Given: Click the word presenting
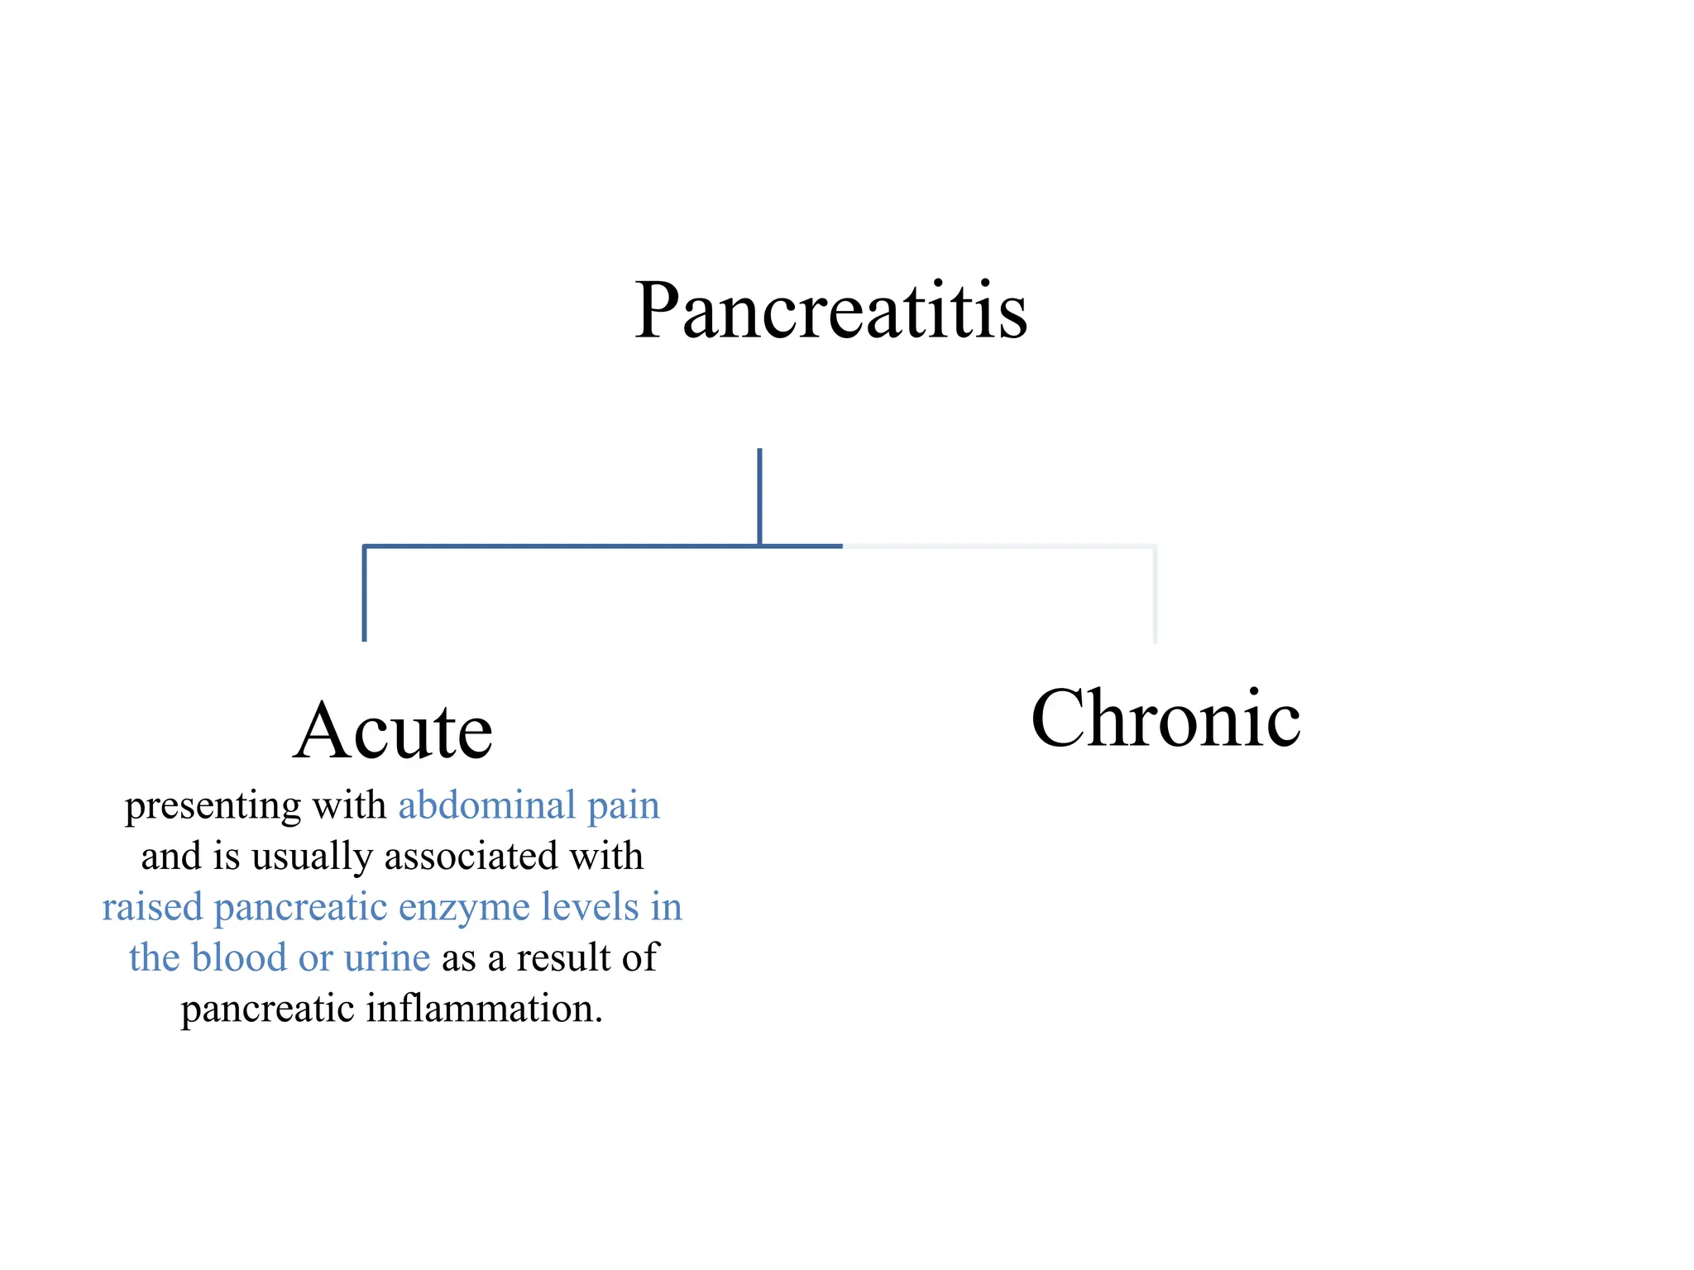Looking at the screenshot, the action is [x=213, y=806].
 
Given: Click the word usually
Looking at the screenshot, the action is [x=312, y=857].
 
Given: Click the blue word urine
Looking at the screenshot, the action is [x=387, y=958].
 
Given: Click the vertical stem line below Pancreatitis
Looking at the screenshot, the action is [x=759, y=497].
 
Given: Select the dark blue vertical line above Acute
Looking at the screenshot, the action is [x=364, y=593].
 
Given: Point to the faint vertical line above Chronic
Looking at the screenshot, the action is [x=1155, y=594].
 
